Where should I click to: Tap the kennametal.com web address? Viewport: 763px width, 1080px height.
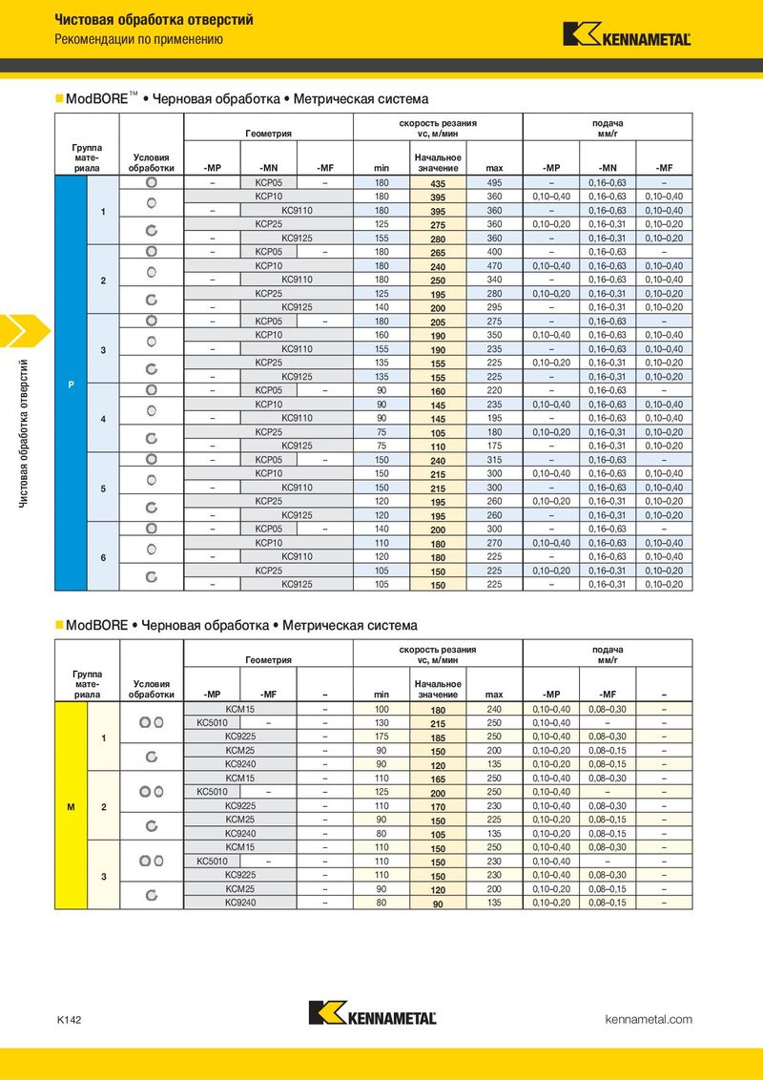[650, 1020]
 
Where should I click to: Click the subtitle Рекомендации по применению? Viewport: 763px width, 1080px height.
[138, 40]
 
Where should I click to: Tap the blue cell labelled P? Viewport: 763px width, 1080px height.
[71, 384]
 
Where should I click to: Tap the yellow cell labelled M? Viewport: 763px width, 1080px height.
[71, 807]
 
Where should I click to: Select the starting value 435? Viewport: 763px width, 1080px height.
[438, 183]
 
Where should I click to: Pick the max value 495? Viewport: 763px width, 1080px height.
[494, 182]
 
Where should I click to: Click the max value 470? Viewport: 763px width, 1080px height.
[494, 265]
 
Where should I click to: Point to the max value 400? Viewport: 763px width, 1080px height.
[494, 252]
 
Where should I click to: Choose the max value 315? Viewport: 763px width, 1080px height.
[494, 460]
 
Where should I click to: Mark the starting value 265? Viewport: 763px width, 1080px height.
[438, 253]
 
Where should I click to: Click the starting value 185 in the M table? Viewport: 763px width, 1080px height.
[438, 737]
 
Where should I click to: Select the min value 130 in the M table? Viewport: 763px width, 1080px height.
[381, 723]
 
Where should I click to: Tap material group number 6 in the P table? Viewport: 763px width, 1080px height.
[103, 556]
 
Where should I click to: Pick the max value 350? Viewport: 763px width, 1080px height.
[494, 335]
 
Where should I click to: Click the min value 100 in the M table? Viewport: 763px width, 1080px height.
[381, 709]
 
